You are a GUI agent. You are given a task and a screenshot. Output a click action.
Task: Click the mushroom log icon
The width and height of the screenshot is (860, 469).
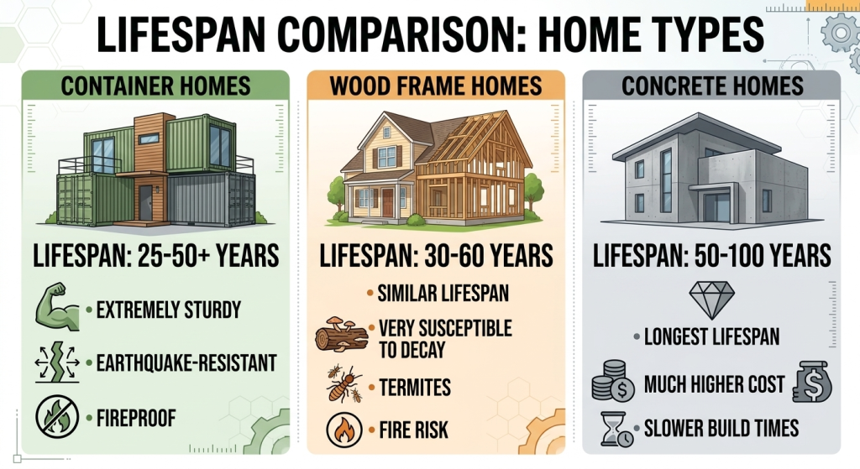click(x=340, y=336)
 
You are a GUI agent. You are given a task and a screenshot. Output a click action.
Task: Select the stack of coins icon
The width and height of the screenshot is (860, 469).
click(x=613, y=383)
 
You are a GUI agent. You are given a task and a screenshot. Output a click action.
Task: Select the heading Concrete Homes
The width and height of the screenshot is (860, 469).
click(x=711, y=86)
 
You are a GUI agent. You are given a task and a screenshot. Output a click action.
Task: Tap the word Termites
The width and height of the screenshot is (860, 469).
click(x=415, y=388)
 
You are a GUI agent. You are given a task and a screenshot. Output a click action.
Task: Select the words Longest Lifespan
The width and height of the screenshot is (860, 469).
click(x=711, y=337)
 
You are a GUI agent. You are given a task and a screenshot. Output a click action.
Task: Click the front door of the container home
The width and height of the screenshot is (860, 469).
click(x=146, y=202)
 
